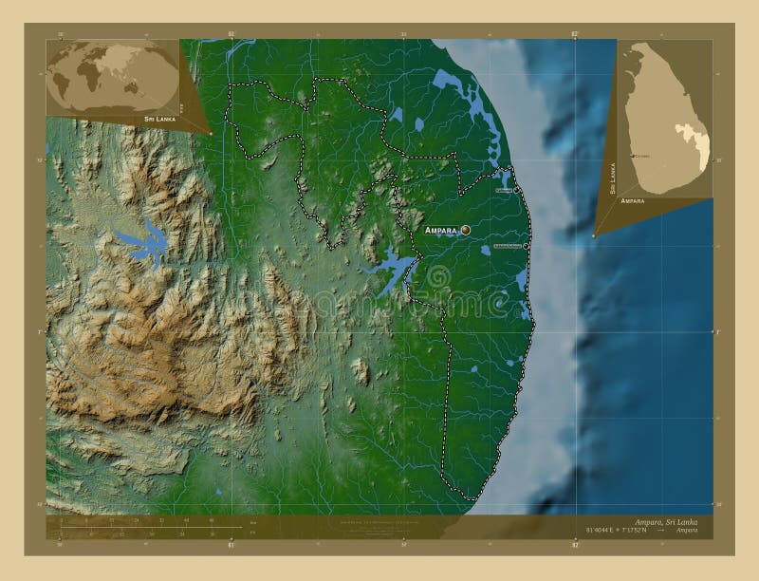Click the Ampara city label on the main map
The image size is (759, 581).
coord(441,229)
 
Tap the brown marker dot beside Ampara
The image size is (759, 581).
coord(466,229)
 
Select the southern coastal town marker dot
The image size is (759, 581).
coord(527,246)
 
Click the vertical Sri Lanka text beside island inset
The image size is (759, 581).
coord(613,178)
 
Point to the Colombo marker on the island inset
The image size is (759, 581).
coord(633,156)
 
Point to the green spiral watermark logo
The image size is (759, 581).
coord(438,277)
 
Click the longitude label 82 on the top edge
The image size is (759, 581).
coord(576,34)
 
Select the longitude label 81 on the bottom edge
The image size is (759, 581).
coord(231,545)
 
